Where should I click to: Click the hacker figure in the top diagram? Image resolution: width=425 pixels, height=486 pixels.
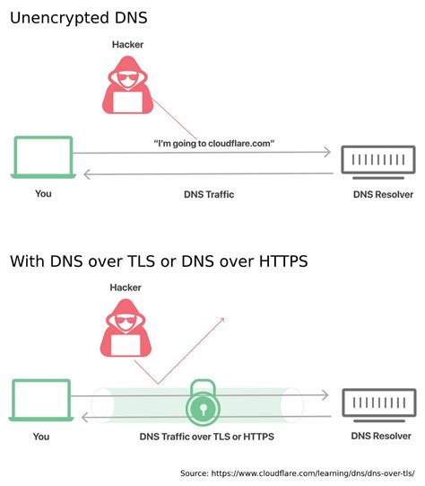pyautogui.click(x=127, y=86)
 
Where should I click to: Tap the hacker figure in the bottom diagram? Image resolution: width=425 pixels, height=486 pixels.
pyautogui.click(x=126, y=331)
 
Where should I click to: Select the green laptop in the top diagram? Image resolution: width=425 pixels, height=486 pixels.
pyautogui.click(x=42, y=156)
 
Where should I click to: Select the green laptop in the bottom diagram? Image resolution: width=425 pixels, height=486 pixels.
pyautogui.click(x=42, y=400)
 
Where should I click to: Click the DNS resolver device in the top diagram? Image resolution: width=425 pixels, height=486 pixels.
pyautogui.click(x=377, y=161)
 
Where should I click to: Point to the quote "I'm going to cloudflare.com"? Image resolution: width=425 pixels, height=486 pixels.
pyautogui.click(x=213, y=144)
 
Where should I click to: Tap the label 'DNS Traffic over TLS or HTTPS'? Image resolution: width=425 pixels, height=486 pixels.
pyautogui.click(x=206, y=437)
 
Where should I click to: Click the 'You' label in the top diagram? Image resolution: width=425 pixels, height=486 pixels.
pyautogui.click(x=43, y=193)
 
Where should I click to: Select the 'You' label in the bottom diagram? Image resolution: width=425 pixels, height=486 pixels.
pyautogui.click(x=41, y=437)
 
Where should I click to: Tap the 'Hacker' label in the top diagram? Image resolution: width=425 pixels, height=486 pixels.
pyautogui.click(x=127, y=44)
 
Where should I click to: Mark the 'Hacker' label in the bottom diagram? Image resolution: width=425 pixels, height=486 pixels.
pyautogui.click(x=126, y=287)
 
